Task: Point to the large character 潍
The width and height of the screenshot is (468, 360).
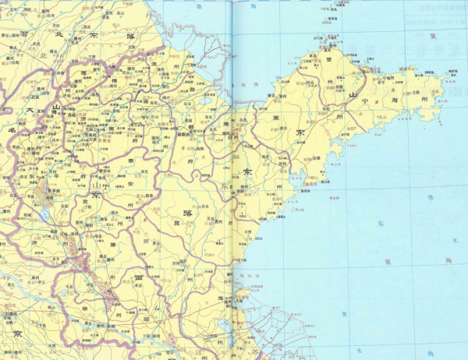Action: click(x=227, y=122)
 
